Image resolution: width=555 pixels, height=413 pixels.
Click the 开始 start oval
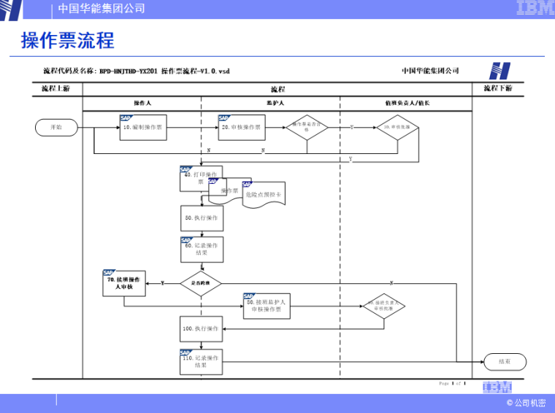(56, 127)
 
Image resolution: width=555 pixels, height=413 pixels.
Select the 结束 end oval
(505, 360)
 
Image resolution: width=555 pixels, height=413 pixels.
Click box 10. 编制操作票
(143, 127)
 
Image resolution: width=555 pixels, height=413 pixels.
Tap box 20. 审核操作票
(241, 127)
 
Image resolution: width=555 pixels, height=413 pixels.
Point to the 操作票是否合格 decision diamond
(307, 127)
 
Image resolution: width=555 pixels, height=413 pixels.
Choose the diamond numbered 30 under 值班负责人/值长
(398, 127)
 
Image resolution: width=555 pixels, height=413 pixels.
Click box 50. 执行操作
(201, 217)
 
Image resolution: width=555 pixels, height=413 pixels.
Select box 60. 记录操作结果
(202, 250)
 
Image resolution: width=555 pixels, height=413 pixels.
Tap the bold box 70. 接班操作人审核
(124, 283)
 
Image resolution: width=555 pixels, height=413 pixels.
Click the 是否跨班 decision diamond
(201, 282)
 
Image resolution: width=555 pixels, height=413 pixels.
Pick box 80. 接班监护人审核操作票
(267, 306)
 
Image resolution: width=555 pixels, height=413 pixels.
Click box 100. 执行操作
(201, 329)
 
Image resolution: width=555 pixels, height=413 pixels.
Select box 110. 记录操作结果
(201, 362)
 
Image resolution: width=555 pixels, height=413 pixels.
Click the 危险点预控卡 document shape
(263, 196)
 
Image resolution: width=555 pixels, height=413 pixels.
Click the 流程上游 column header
(56, 88)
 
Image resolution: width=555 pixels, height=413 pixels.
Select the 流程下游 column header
(498, 88)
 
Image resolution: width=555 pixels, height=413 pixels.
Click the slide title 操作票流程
(68, 41)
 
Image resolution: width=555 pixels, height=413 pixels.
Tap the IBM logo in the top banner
(535, 8)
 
